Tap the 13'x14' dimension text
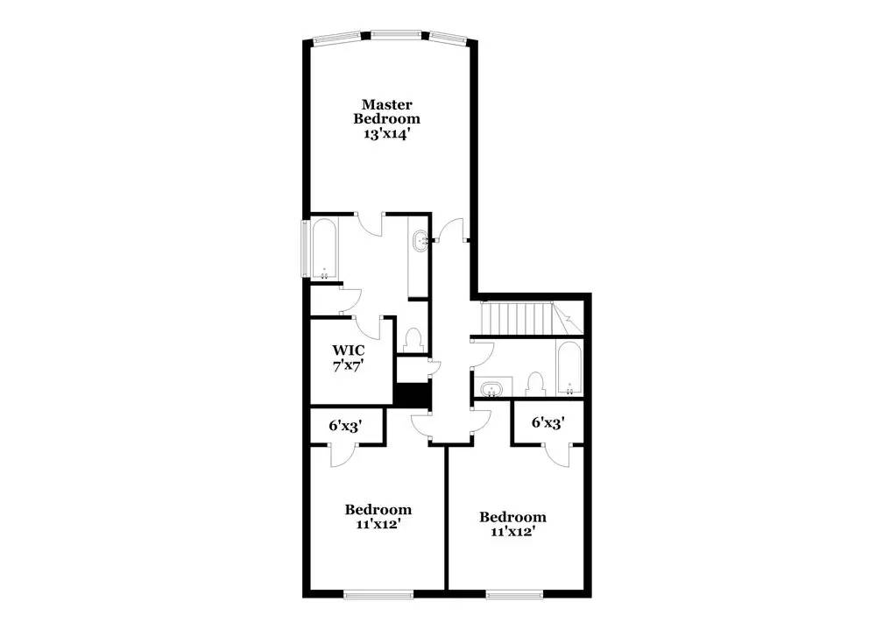[386, 134]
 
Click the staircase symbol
[519, 317]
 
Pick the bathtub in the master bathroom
[324, 249]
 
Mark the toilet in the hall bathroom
[533, 383]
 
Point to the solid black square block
[410, 394]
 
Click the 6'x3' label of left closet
[345, 426]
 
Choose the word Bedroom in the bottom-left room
[378, 509]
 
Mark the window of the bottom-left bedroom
[378, 593]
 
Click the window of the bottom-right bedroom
[512, 593]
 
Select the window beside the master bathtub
[305, 249]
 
